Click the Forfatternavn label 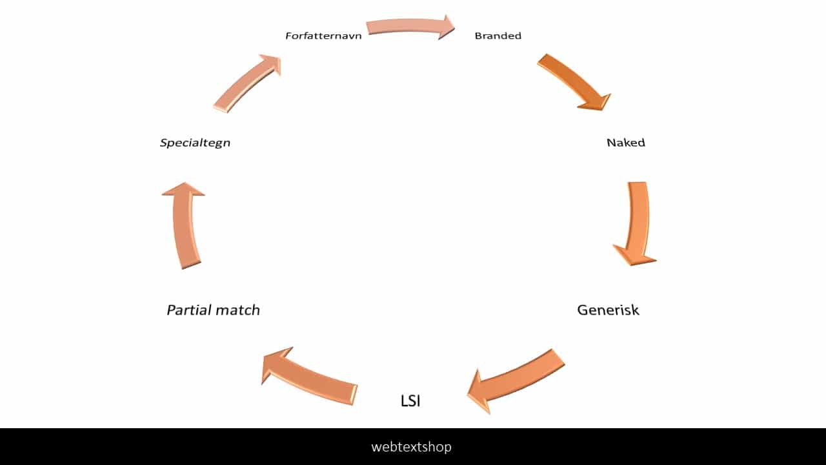[323, 36]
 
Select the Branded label [498, 36]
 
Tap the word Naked [625, 143]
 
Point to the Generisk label [608, 310]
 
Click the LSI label [410, 401]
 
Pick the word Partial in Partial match [189, 310]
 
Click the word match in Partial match [237, 310]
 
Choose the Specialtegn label [195, 143]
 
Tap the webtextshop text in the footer [411, 446]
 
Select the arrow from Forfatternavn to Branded [407, 27]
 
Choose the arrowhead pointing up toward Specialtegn [183, 189]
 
